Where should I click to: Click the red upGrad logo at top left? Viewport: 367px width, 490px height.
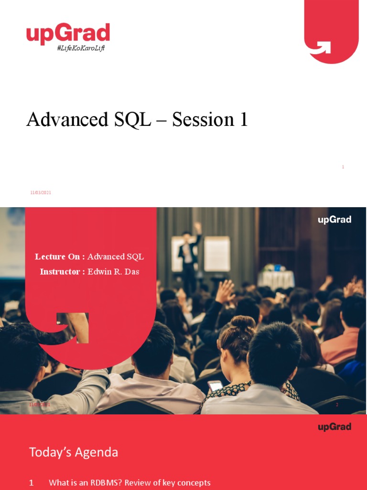tap(68, 34)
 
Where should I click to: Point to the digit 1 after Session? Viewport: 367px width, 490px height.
tap(243, 120)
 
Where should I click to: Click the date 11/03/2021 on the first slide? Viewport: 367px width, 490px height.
tap(41, 192)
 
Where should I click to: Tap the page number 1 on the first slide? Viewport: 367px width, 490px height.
tap(343, 167)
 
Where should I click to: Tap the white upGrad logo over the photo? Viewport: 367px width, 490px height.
tap(335, 220)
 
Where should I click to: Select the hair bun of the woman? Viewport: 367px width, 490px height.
tap(242, 323)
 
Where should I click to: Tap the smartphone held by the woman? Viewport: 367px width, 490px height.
tap(216, 385)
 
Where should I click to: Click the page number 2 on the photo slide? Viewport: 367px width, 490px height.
tap(337, 405)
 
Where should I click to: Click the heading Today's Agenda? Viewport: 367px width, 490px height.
tap(74, 452)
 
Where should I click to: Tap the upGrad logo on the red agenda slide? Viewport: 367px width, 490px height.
tap(335, 427)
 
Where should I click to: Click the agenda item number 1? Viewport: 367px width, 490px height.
tap(32, 483)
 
